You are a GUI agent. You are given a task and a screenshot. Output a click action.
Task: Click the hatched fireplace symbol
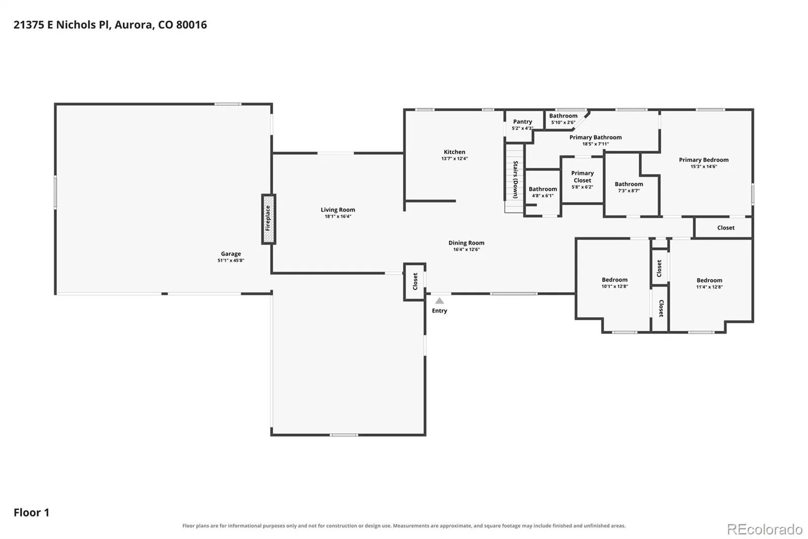[269, 219]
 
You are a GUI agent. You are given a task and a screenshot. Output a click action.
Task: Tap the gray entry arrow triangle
[439, 300]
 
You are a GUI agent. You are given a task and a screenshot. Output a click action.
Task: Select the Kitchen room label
[454, 152]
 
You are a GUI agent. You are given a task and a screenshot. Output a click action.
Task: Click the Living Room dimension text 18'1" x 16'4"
[338, 216]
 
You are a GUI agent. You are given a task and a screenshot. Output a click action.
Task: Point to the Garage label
[231, 254]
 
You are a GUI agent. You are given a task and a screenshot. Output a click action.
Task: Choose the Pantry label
[523, 122]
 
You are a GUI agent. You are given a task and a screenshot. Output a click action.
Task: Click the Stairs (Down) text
[516, 179]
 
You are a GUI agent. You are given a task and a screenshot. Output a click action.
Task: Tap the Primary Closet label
[583, 176]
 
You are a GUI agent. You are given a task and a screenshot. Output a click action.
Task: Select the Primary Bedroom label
[704, 160]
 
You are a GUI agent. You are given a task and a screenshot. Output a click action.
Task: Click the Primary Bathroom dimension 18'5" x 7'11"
[595, 144]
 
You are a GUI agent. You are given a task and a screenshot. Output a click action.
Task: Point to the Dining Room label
[467, 243]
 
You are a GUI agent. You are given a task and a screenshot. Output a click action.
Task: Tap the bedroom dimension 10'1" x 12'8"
[615, 287]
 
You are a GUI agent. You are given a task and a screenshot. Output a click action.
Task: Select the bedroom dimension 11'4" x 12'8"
[710, 287]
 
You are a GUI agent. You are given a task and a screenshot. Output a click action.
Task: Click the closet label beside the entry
[415, 282]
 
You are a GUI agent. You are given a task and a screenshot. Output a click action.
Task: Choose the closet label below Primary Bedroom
[726, 228]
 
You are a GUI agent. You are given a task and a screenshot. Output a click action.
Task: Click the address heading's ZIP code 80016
[191, 25]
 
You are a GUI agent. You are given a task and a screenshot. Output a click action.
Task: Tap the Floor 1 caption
[31, 513]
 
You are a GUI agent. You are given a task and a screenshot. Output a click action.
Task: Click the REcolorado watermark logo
[765, 529]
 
